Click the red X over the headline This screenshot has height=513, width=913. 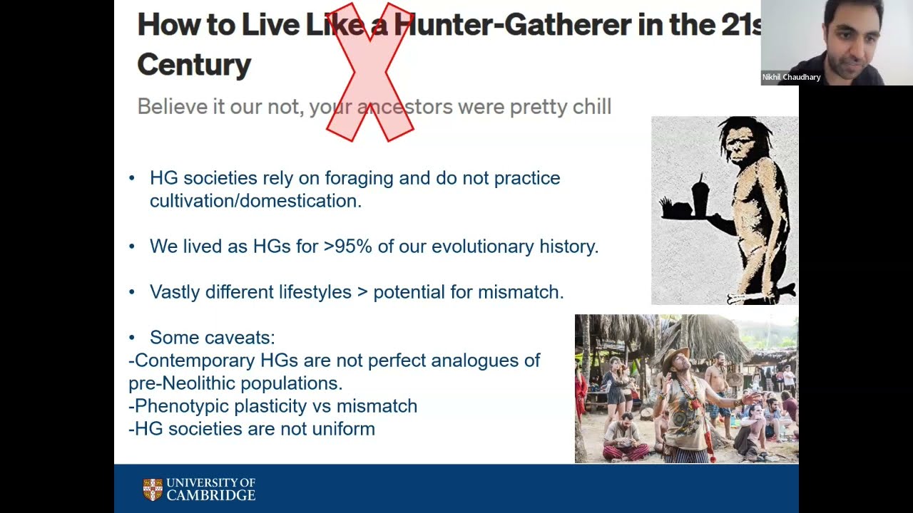point(370,72)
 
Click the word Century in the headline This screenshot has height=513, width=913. point(194,65)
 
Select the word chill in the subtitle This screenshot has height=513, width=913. point(591,107)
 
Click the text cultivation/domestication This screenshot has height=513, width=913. point(255,201)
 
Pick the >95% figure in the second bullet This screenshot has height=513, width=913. point(347,247)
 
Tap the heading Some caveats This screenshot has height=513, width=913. point(212,338)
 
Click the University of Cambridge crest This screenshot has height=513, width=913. point(153,489)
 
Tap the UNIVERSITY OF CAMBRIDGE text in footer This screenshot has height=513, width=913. point(210,489)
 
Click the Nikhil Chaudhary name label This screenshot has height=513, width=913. point(791,77)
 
